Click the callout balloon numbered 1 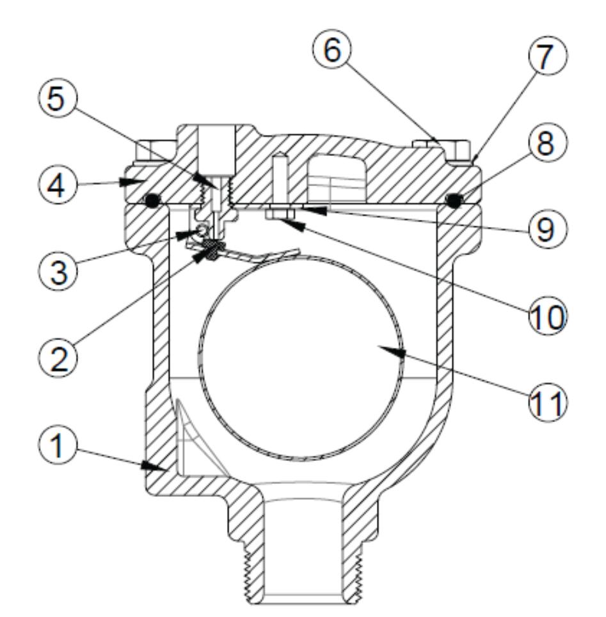[x=58, y=446]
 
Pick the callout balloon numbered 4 [x=58, y=185]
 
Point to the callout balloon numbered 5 [x=57, y=98]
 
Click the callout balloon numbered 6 [x=332, y=49]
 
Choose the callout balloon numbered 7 [x=547, y=55]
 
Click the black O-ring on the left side [x=152, y=201]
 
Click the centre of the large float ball [x=301, y=357]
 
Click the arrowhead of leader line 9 [x=315, y=210]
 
